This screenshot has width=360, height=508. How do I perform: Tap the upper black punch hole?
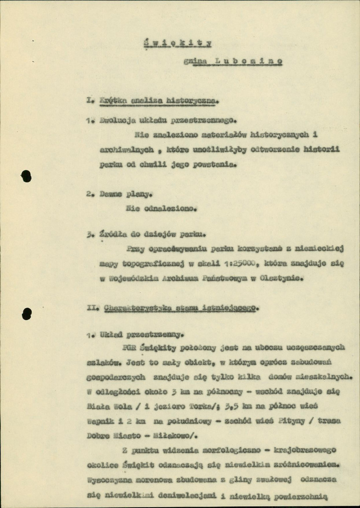(x=26, y=176)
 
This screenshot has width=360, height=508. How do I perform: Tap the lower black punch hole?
(x=26, y=313)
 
